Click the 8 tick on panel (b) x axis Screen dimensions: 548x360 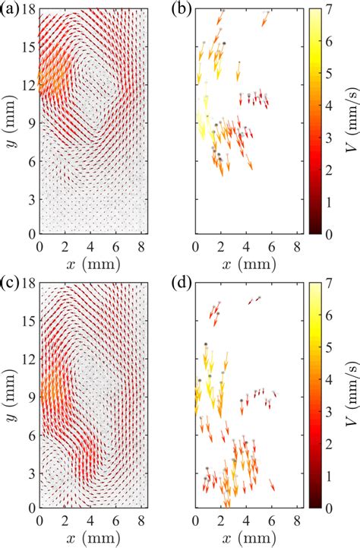(296, 246)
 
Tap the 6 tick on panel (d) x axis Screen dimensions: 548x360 (271, 520)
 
